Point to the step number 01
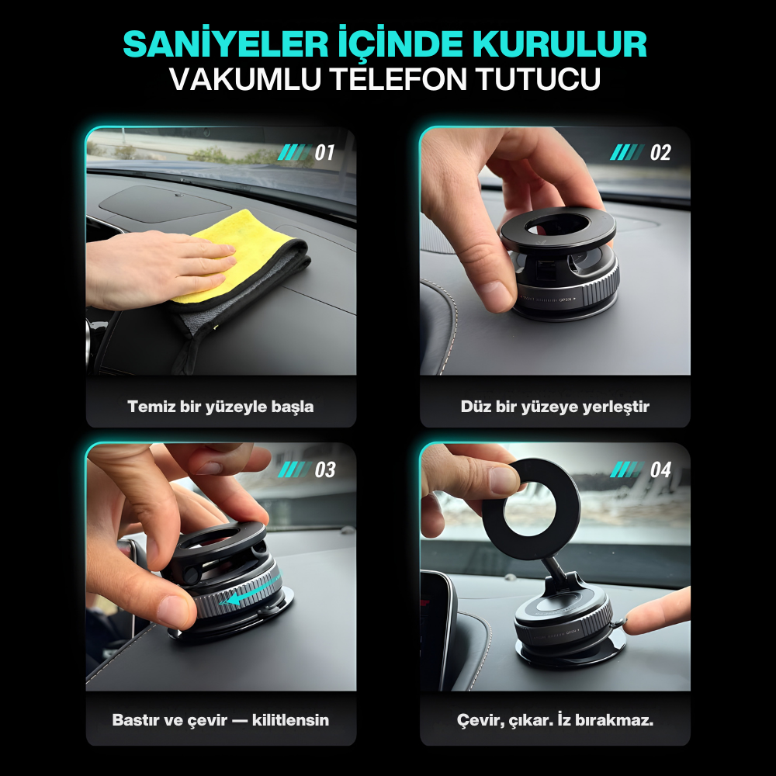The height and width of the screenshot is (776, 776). pyautogui.click(x=324, y=153)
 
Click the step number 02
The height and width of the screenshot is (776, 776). pyautogui.click(x=660, y=153)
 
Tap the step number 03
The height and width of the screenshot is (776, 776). pyautogui.click(x=324, y=469)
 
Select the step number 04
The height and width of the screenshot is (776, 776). pyautogui.click(x=660, y=469)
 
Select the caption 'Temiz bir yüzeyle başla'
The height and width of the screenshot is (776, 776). pyautogui.click(x=220, y=407)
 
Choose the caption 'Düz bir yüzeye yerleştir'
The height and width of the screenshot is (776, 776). pyautogui.click(x=555, y=407)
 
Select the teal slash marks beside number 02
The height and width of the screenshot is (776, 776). pyautogui.click(x=627, y=153)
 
